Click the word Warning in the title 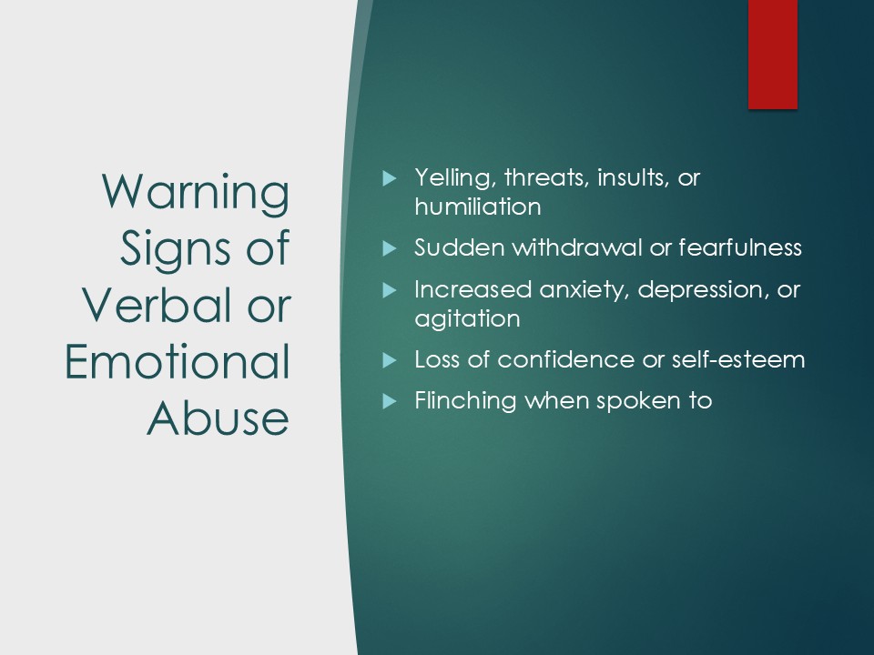[x=196, y=193]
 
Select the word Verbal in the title [x=156, y=306]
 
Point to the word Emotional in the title [x=178, y=362]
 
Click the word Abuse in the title [x=218, y=418]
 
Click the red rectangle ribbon [x=773, y=55]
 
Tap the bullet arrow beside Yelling [x=390, y=178]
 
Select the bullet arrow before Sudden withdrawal [x=390, y=247]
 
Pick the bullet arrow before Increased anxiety [x=390, y=290]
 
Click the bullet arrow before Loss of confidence [x=390, y=360]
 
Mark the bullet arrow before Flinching [x=390, y=401]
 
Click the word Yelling [x=456, y=178]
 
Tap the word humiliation [x=478, y=207]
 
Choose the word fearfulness [x=740, y=247]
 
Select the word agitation [x=467, y=319]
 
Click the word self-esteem [x=738, y=360]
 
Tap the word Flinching [x=465, y=401]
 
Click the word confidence [x=565, y=360]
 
